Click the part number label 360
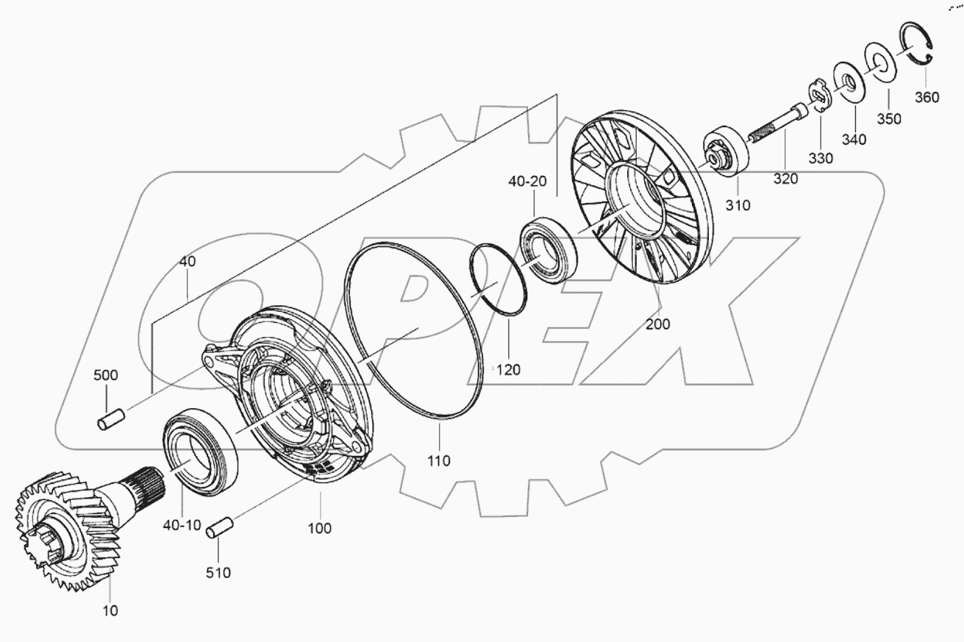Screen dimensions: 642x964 [927, 97]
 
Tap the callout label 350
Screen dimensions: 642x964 [889, 119]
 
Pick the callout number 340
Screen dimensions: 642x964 [854, 139]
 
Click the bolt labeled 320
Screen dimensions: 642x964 [779, 124]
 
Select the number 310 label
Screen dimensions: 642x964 [737, 205]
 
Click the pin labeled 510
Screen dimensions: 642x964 [219, 527]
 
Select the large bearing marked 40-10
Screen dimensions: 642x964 [200, 448]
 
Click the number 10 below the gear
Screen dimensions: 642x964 [110, 610]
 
